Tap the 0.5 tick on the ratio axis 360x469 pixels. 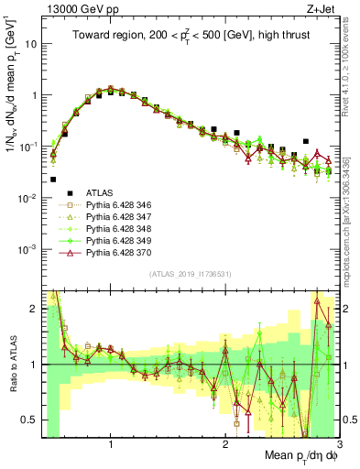[x=30, y=420]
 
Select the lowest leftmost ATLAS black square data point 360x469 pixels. [x=53, y=180]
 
